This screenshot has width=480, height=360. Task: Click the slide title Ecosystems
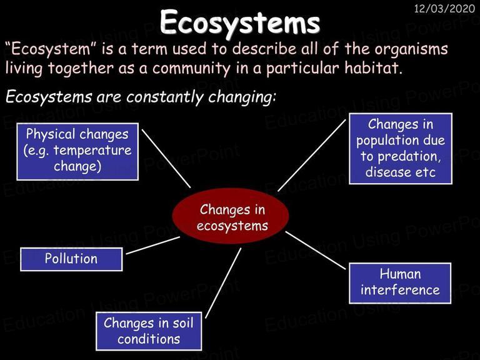(x=240, y=22)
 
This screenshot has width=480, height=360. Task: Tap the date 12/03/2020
(x=444, y=9)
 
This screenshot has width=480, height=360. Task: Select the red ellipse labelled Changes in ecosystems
(x=231, y=216)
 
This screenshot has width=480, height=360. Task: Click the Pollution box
(x=71, y=259)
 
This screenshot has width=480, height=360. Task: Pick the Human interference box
(x=400, y=283)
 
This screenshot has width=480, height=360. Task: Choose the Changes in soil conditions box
(x=149, y=331)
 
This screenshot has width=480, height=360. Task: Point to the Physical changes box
(x=77, y=151)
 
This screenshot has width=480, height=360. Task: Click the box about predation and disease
(x=401, y=149)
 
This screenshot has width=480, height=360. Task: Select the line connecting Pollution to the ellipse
(x=153, y=245)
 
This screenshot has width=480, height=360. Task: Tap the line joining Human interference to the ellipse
(x=316, y=251)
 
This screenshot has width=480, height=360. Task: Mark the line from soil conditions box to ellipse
(x=223, y=283)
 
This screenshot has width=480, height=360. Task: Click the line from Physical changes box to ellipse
(x=166, y=159)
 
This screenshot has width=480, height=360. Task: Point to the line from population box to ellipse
(x=312, y=155)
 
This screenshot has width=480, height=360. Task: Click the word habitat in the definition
(x=373, y=67)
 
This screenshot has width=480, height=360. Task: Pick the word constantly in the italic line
(x=165, y=97)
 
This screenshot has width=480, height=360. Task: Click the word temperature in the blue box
(x=92, y=151)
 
